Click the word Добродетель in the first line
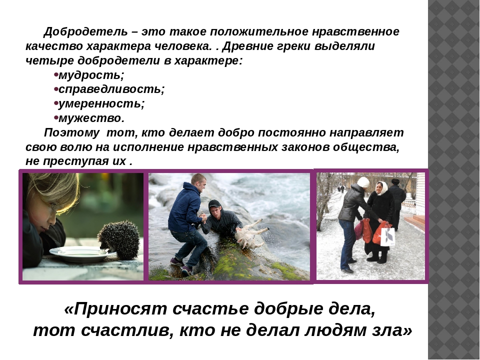(x=85, y=32)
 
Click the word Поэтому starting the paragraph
(x=71, y=133)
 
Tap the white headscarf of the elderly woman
(x=381, y=188)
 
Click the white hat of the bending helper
(x=363, y=182)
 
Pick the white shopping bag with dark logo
(x=387, y=235)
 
